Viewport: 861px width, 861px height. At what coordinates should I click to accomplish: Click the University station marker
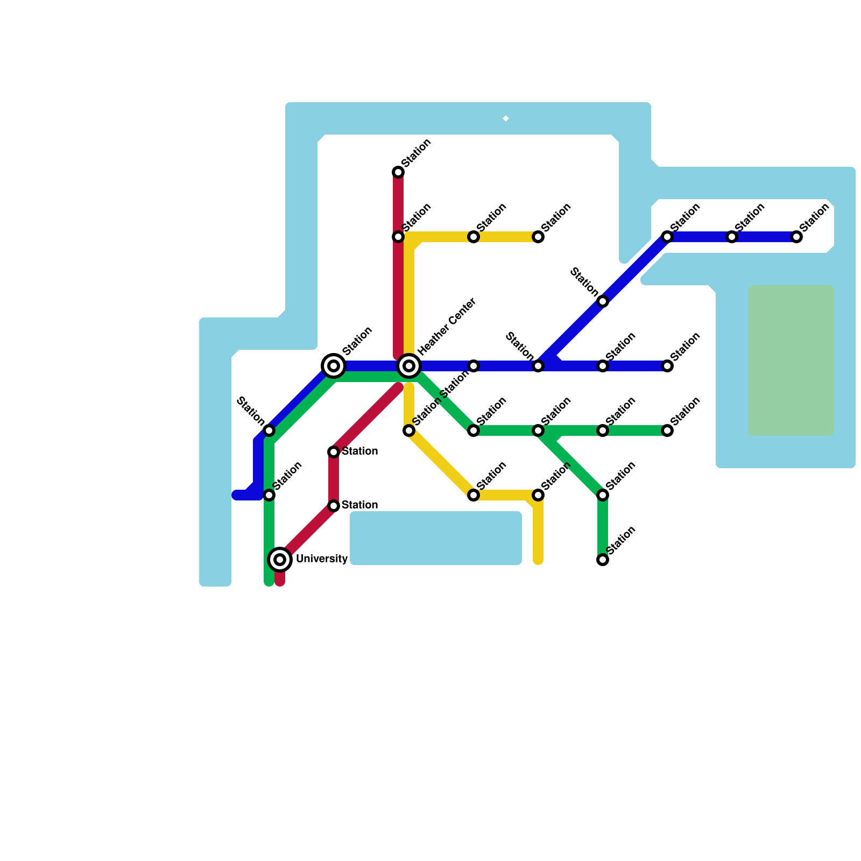click(280, 560)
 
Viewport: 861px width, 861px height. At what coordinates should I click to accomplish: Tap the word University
click(321, 559)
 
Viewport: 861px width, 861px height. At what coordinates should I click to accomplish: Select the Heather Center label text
click(447, 327)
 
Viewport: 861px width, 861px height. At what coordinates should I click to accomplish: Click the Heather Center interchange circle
click(409, 366)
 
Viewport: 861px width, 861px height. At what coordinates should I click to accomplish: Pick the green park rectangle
click(791, 360)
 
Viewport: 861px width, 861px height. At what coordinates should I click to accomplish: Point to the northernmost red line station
click(398, 172)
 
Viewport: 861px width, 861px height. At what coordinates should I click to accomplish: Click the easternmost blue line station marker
click(796, 237)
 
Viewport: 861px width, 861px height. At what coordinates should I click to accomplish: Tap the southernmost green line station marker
click(603, 560)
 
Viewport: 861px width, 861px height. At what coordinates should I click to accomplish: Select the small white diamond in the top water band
click(506, 118)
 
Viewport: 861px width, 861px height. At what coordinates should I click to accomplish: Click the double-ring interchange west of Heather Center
click(334, 366)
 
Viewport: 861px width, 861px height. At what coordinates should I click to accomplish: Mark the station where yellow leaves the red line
click(398, 237)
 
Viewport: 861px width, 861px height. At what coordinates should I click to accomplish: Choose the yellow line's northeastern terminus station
click(538, 237)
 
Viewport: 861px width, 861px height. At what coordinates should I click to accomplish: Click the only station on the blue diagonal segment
click(603, 301)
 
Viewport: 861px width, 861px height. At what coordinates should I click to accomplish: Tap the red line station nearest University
click(334, 506)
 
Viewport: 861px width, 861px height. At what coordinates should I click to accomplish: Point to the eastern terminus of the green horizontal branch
click(667, 430)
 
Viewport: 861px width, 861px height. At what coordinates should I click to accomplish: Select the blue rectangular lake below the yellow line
click(436, 538)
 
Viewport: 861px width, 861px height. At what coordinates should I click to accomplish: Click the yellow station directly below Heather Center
click(409, 430)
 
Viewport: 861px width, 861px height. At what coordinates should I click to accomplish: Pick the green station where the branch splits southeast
click(538, 430)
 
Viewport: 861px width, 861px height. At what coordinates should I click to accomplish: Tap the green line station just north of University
click(269, 495)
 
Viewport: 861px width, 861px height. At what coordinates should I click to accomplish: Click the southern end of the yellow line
click(538, 561)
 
